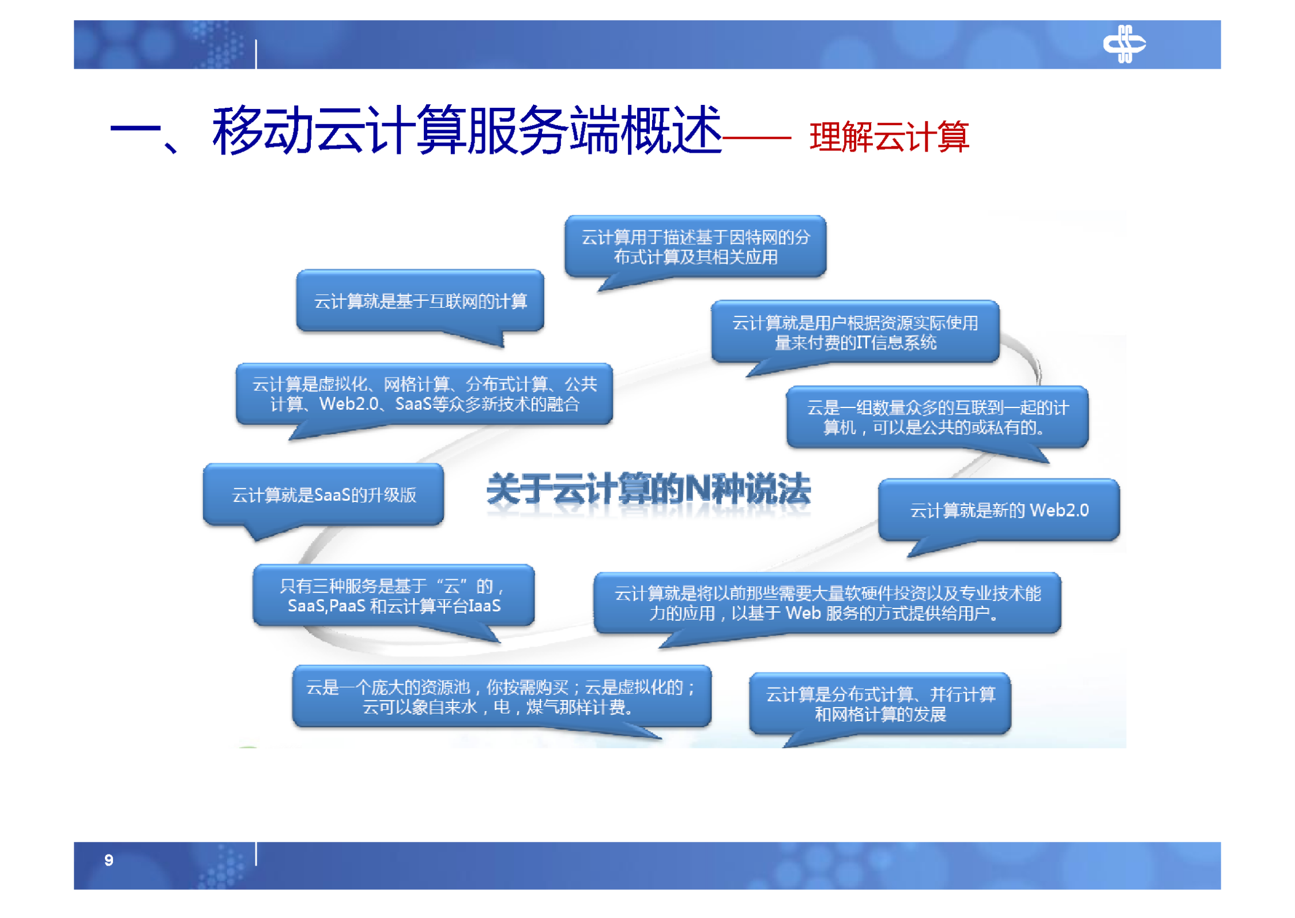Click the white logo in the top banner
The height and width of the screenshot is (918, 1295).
point(1123,44)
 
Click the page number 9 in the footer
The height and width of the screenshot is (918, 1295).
point(108,860)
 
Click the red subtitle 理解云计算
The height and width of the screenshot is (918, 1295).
point(889,137)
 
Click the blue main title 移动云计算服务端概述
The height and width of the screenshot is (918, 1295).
point(467,131)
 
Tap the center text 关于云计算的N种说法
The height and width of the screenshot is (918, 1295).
point(648,490)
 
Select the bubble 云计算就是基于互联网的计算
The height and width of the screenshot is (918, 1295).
point(420,301)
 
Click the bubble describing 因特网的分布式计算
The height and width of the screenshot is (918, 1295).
point(695,247)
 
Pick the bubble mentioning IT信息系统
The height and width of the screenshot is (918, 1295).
point(854,333)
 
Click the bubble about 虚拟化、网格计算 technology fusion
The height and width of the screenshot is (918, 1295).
point(424,394)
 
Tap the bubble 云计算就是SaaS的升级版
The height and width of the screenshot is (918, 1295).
point(323,495)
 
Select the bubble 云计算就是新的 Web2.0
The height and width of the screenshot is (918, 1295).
point(999,510)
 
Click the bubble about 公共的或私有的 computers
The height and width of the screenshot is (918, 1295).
point(937,417)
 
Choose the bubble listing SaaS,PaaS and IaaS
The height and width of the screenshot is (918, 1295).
point(393,596)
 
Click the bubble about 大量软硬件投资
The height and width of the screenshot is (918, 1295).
point(827,603)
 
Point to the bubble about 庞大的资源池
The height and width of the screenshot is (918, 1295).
point(501,696)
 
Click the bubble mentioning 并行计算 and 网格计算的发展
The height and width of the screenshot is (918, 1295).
point(880,704)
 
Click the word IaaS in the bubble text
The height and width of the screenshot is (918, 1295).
point(484,606)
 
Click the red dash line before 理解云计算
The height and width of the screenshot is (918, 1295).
point(756,138)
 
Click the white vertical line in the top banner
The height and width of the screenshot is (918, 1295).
point(256,54)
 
